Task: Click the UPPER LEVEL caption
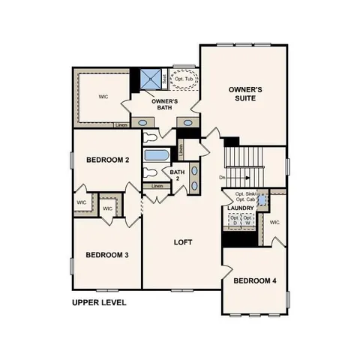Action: pyautogui.click(x=99, y=303)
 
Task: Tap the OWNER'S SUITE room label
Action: pyautogui.click(x=245, y=94)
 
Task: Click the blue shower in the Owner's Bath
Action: pyautogui.click(x=153, y=78)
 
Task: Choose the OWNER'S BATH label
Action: pyautogui.click(x=164, y=104)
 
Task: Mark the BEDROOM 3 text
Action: pyautogui.click(x=107, y=255)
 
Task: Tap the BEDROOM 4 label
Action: pyautogui.click(x=254, y=281)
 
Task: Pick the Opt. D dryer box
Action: pyautogui.click(x=233, y=220)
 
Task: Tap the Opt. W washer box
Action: pyautogui.click(x=247, y=220)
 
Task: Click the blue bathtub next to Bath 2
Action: pyautogui.click(x=157, y=157)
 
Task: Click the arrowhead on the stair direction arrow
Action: pyautogui.click(x=247, y=178)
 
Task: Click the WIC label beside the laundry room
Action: pyautogui.click(x=274, y=223)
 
